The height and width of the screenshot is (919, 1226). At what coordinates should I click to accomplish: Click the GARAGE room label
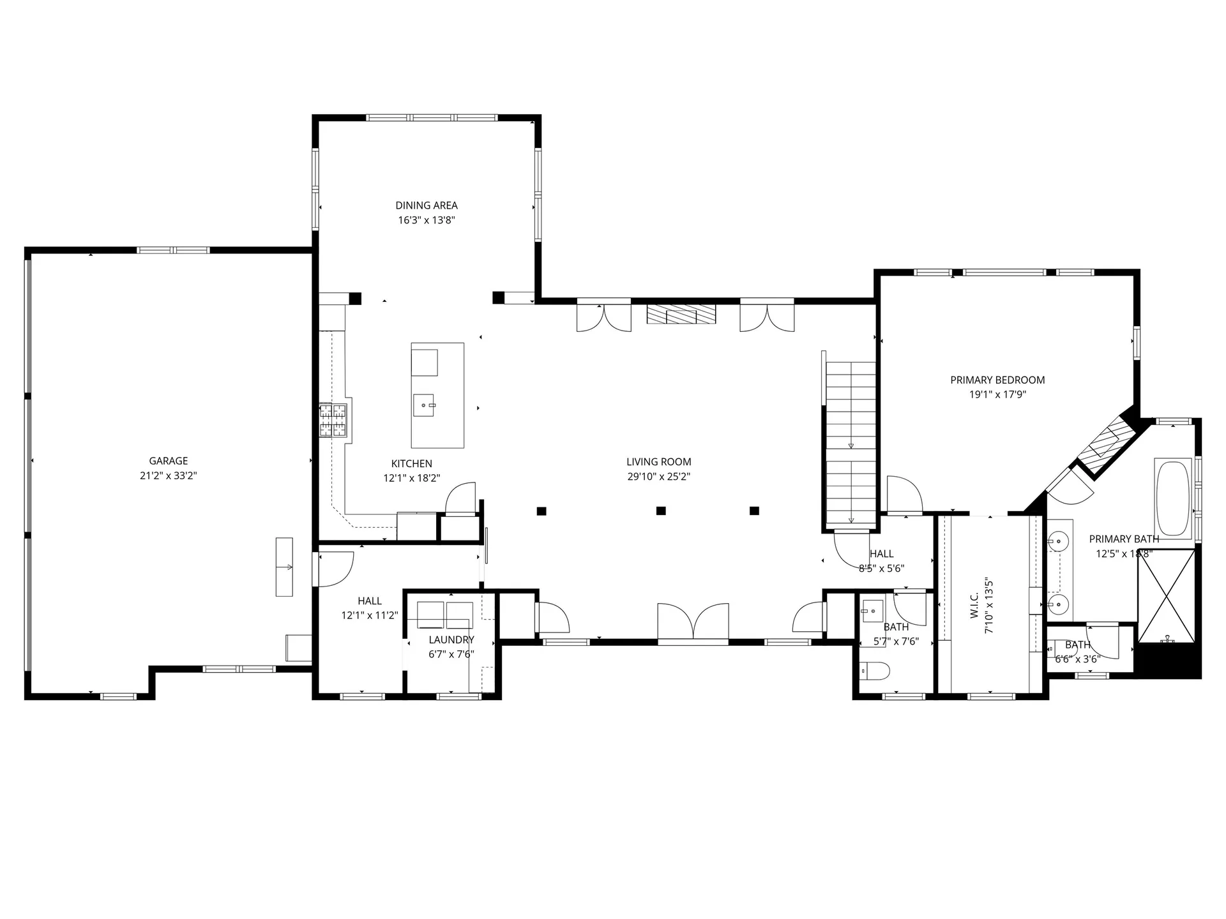(169, 461)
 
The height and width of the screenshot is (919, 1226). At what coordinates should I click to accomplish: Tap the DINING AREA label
(427, 205)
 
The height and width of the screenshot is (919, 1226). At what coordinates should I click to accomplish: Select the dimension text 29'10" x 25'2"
(659, 476)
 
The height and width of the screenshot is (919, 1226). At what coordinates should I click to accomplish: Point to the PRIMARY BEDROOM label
(997, 380)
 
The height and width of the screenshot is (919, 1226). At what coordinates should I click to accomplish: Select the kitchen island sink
(424, 405)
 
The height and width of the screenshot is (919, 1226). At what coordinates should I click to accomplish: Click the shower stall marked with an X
(1167, 596)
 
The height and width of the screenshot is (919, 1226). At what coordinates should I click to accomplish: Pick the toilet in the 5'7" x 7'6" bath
(875, 671)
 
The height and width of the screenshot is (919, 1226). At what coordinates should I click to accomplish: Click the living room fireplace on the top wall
(681, 315)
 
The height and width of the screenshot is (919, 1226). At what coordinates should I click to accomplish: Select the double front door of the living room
(693, 622)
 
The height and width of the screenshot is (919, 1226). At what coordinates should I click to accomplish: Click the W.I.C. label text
(974, 605)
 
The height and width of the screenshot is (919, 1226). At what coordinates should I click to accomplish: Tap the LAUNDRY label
(451, 639)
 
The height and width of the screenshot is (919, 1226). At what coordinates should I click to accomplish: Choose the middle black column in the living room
(661, 511)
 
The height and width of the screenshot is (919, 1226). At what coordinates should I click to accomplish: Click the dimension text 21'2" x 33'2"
(169, 475)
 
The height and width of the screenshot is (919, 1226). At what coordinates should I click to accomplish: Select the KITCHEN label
(412, 464)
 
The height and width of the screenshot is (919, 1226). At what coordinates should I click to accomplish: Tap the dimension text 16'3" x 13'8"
(427, 220)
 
